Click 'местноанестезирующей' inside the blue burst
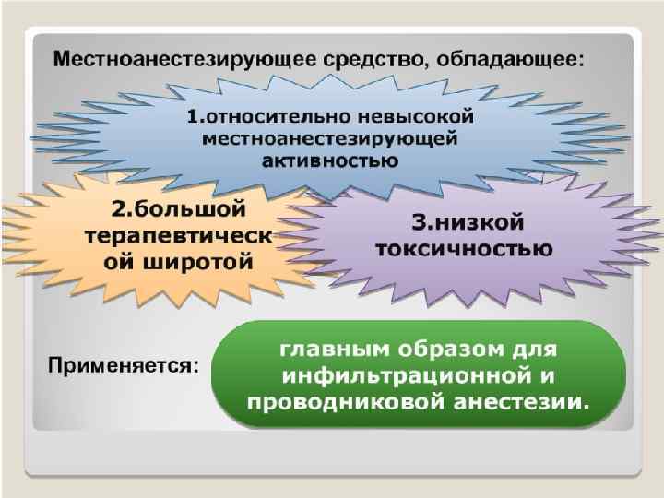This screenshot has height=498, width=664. coord(329,139)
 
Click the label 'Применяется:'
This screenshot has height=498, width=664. coord(122,366)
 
